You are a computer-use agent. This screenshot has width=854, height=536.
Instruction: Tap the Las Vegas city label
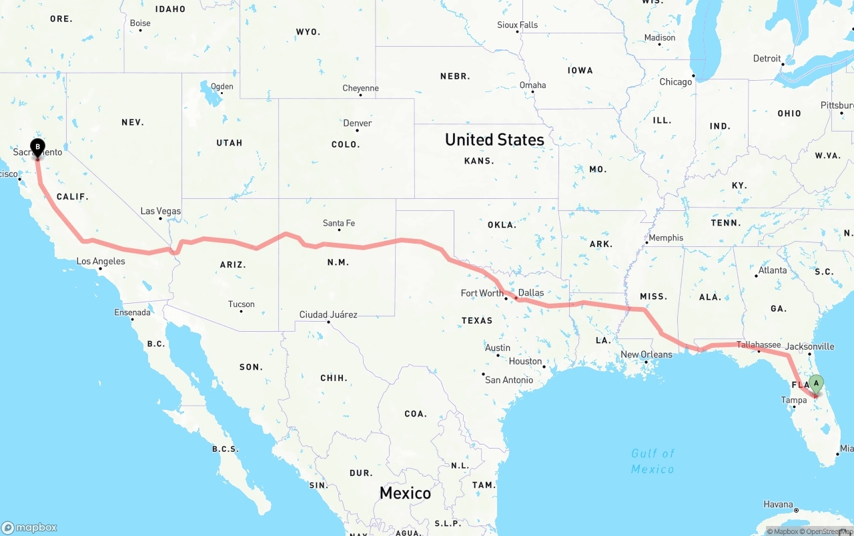pyautogui.click(x=160, y=212)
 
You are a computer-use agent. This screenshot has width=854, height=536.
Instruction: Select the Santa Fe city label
pyautogui.click(x=339, y=224)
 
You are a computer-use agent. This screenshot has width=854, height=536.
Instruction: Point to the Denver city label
pyautogui.click(x=358, y=123)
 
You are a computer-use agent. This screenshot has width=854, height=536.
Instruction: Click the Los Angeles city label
pyautogui.click(x=101, y=262)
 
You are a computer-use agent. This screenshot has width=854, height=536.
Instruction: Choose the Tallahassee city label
pyautogui.click(x=759, y=345)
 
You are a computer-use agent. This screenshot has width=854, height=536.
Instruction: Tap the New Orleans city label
pyautogui.click(x=647, y=354)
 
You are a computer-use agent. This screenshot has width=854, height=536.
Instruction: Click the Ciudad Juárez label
pyautogui.click(x=328, y=315)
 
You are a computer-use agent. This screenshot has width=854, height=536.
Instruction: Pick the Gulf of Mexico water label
pyautogui.click(x=653, y=461)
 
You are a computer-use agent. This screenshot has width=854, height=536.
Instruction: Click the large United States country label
pyautogui.click(x=494, y=140)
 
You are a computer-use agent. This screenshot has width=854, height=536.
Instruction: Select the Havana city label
pyautogui.click(x=778, y=504)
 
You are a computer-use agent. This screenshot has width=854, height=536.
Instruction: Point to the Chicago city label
pyautogui.click(x=676, y=82)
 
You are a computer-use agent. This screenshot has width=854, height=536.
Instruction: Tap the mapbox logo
pyautogui.click(x=29, y=527)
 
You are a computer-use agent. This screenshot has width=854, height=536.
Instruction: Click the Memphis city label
pyautogui.click(x=666, y=238)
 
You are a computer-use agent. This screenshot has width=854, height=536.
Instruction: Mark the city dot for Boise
pyautogui.click(x=140, y=30)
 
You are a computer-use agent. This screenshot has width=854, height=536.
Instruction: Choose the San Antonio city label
pyautogui.click(x=509, y=380)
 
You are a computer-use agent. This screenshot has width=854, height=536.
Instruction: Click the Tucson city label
pyautogui.click(x=242, y=304)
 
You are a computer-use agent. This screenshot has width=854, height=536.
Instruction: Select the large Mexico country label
pyautogui.click(x=405, y=493)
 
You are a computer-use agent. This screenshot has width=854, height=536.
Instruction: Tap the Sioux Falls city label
pyautogui.click(x=518, y=25)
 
